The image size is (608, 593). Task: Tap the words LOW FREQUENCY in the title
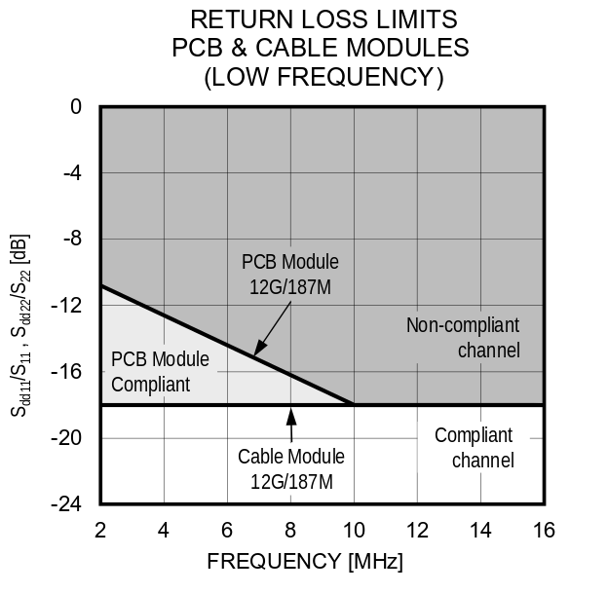point(323,78)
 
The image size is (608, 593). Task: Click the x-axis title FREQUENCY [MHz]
point(304,563)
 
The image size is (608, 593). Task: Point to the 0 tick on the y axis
point(76,106)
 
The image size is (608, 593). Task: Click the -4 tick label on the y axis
point(71,173)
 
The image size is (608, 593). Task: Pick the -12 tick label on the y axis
point(68,306)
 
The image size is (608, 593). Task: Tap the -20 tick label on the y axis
point(68,438)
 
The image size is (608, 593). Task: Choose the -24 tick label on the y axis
point(68,504)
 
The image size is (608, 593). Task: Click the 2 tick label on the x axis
point(100,530)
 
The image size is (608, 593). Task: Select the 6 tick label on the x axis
point(227,530)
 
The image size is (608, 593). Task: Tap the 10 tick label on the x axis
point(354,530)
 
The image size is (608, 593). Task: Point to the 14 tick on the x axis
point(480,530)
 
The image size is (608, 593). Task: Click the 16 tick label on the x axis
point(544,530)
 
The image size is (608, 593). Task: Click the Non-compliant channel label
point(463,337)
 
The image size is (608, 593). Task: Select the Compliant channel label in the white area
point(474,448)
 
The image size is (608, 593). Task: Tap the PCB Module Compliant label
point(160,371)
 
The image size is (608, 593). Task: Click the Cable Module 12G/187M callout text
point(291,468)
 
